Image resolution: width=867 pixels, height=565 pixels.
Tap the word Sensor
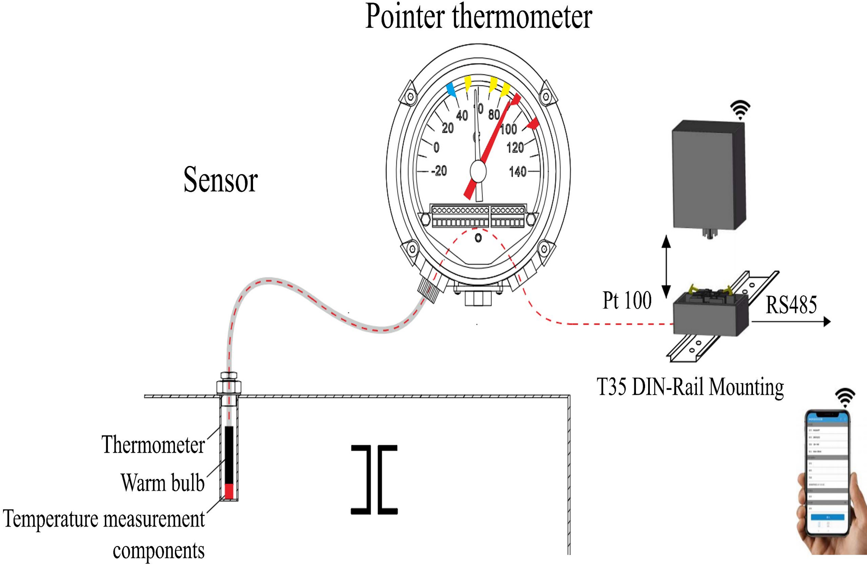coord(221,179)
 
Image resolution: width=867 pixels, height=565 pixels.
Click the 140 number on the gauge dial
coord(518,172)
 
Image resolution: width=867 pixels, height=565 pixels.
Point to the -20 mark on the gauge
coord(439,171)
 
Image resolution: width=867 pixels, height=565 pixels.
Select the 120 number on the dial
coord(515,148)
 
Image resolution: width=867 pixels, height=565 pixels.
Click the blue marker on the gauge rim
coord(451,90)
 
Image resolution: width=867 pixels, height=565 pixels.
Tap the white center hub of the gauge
coord(478,171)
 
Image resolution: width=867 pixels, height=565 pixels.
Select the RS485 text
coord(791,305)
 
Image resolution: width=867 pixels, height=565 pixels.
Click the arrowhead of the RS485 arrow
coord(826,321)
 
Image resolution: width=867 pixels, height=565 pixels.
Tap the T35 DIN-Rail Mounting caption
coord(690,387)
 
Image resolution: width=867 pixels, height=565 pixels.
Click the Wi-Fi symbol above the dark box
coord(740,110)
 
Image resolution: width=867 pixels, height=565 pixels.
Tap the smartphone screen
coord(827,476)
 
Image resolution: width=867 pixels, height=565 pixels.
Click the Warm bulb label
coord(163,483)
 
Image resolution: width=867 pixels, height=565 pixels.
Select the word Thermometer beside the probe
coord(153,445)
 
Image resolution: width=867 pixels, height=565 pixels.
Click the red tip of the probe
coord(229,492)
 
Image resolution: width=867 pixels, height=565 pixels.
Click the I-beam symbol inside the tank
coord(374,480)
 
